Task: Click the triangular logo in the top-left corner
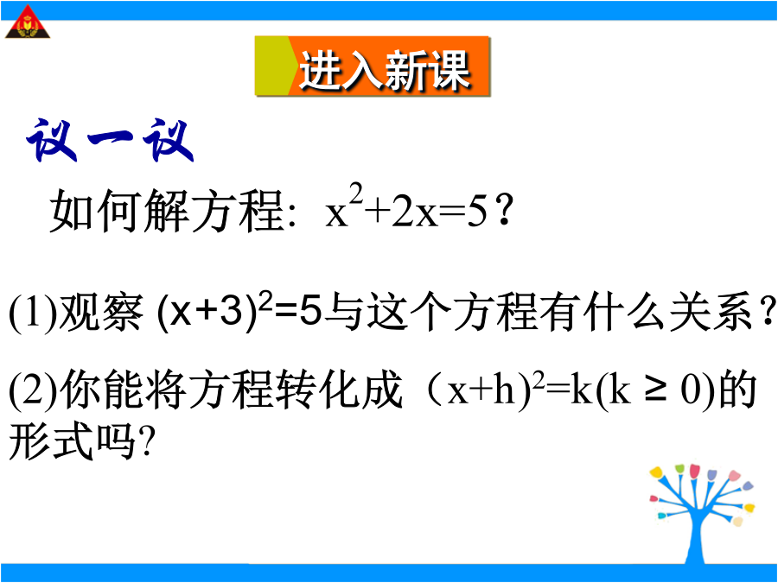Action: click(28, 22)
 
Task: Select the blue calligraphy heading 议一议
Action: click(110, 140)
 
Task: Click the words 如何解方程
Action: click(167, 212)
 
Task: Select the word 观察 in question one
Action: click(101, 313)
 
